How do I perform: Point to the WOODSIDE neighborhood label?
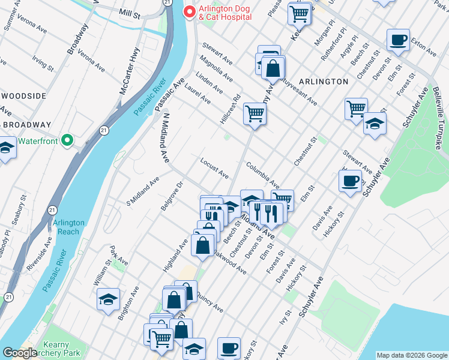point(23,96)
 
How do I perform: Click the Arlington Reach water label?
point(69,227)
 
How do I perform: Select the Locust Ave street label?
point(214,169)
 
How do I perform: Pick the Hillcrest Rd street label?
point(231,109)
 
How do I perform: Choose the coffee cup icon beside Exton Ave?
point(397,41)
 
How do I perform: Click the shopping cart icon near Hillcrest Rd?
point(255,113)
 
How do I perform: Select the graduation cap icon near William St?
point(109,299)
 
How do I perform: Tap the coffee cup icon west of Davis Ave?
point(349,181)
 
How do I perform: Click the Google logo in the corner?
point(20,353)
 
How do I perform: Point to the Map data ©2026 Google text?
point(411,355)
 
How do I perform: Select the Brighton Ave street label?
point(129,303)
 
